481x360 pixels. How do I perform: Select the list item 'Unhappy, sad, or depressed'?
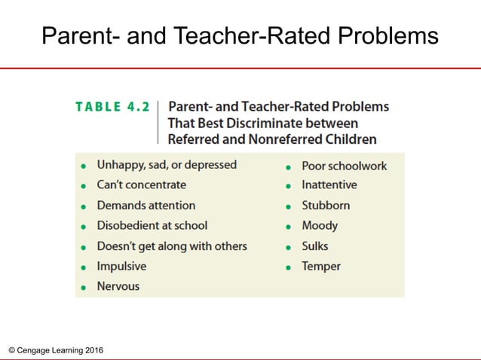coord(167,164)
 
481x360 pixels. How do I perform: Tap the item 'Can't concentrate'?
coord(141,185)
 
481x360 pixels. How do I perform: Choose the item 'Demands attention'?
coord(146,205)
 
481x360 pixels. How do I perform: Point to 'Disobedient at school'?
coord(152,225)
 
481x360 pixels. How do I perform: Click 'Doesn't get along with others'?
coord(171,246)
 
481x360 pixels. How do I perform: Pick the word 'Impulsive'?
coord(121,266)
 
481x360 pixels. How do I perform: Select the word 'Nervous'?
coord(118,286)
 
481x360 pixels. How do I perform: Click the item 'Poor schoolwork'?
coord(344,165)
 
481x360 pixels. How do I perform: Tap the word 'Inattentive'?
coord(329,185)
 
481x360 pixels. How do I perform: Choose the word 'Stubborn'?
coord(326,205)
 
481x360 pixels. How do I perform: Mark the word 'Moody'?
coord(320,225)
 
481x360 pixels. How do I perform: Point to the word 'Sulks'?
coord(315,246)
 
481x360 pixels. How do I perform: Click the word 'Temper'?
coord(321,266)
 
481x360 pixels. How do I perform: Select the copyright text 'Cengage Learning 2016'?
coord(60,350)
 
